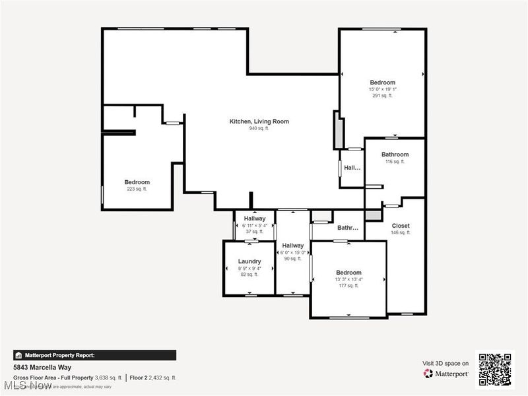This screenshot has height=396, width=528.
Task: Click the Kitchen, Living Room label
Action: point(259,121)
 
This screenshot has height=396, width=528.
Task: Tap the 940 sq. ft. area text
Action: point(259,129)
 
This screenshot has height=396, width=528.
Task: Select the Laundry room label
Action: point(249,261)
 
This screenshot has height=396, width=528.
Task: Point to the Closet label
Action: point(401,226)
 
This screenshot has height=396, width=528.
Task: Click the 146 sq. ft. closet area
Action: point(401,233)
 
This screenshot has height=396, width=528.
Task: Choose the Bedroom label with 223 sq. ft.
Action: point(137,182)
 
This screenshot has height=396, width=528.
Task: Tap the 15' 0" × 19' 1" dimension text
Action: point(382,89)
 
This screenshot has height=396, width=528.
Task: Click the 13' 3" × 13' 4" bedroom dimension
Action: point(348,279)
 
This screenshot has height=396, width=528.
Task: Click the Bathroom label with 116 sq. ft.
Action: point(395,154)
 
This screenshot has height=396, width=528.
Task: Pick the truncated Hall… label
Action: point(352,168)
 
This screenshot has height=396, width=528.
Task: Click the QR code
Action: point(495,368)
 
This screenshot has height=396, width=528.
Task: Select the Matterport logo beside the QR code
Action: point(446,374)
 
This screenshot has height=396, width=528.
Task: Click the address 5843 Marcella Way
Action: point(42,368)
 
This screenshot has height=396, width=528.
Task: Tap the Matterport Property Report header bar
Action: point(94,355)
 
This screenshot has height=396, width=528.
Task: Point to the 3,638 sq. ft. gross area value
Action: point(108,378)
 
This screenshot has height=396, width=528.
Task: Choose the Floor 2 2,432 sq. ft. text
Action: point(152,378)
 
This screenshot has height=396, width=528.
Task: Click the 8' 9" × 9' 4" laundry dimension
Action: point(249,268)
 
